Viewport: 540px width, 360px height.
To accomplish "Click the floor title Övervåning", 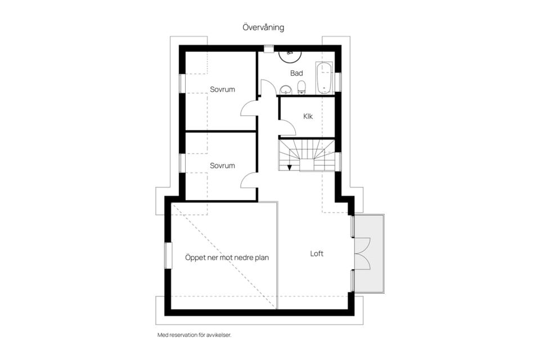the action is point(263,27).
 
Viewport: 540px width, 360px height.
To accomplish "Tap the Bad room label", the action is point(296,73).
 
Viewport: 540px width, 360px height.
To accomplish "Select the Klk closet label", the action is point(308,116).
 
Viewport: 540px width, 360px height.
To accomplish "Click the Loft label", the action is point(317,254).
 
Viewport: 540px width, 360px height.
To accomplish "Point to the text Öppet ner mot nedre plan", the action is point(227,258).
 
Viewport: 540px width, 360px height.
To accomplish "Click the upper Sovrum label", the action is point(223,89).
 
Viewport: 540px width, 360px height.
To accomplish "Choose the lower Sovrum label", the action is point(223,166).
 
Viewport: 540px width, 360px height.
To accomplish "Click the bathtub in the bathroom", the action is point(325,78).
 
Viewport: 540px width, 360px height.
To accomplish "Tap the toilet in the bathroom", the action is point(301,88).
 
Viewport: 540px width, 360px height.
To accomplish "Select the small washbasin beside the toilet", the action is point(286,89).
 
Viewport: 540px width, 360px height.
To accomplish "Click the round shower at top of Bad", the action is point(290,55).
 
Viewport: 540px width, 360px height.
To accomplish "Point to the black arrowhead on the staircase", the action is point(290,168).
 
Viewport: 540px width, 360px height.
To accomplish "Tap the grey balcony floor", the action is point(370,254).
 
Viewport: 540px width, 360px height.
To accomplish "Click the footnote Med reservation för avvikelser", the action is point(195,335).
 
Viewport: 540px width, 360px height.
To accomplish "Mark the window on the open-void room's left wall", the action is point(168,255).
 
